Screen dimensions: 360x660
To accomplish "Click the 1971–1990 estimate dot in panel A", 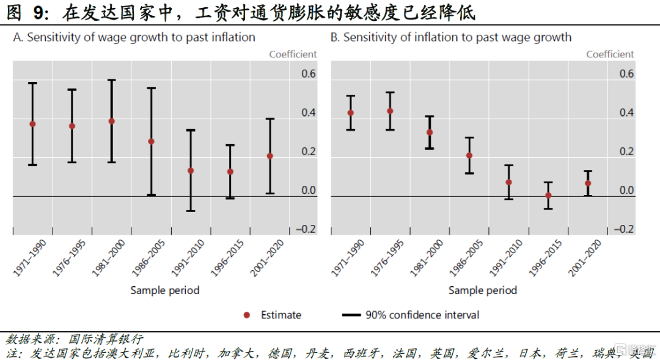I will point(32,124).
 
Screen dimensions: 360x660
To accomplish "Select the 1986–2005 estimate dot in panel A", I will point(151,141).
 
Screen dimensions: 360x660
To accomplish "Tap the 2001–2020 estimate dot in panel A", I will point(270,156).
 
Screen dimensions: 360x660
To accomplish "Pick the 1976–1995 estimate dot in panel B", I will point(390,111).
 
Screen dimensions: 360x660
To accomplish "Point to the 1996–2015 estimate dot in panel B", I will point(548,196).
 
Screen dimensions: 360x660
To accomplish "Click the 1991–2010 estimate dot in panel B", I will point(508,182).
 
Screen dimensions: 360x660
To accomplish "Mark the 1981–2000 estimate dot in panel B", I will point(430,132).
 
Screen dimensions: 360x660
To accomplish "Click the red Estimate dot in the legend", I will point(247,315).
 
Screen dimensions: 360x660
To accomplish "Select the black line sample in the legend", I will point(351,315).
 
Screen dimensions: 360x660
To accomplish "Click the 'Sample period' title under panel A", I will point(165,290).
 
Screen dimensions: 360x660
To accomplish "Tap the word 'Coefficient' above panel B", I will point(610,54).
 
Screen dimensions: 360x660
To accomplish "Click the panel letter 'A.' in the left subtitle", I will point(18,37).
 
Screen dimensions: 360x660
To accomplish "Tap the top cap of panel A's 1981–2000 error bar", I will point(111,80).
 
